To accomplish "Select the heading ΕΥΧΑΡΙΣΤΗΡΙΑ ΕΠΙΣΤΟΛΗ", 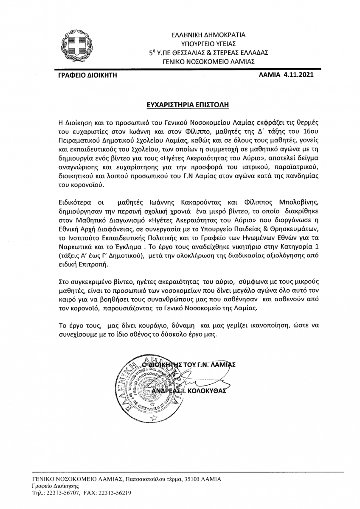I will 180,103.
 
